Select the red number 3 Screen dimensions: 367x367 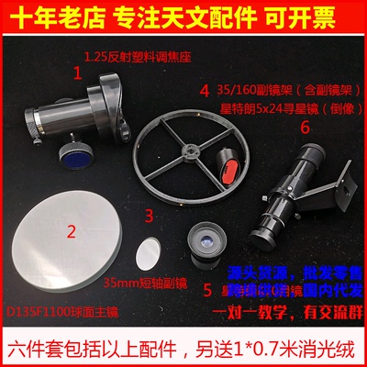[149, 217]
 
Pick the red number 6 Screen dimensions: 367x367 [305, 128]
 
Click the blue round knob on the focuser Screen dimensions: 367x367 [80, 156]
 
